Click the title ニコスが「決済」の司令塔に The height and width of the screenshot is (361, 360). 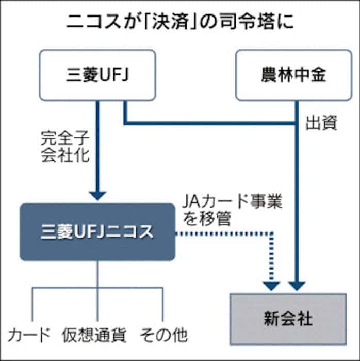point(180,24)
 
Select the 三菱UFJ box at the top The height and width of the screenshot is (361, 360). point(97,75)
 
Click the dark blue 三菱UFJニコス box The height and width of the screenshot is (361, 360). point(97,231)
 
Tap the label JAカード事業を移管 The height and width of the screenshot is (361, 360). point(232,209)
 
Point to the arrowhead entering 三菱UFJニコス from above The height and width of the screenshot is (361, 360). point(97,196)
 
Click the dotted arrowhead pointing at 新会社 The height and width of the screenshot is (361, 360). point(271,285)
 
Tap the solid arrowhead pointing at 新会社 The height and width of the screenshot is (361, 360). point(297,285)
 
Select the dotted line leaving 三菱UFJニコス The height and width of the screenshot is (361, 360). point(222,234)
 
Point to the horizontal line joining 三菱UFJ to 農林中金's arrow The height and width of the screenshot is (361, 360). point(206,123)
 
